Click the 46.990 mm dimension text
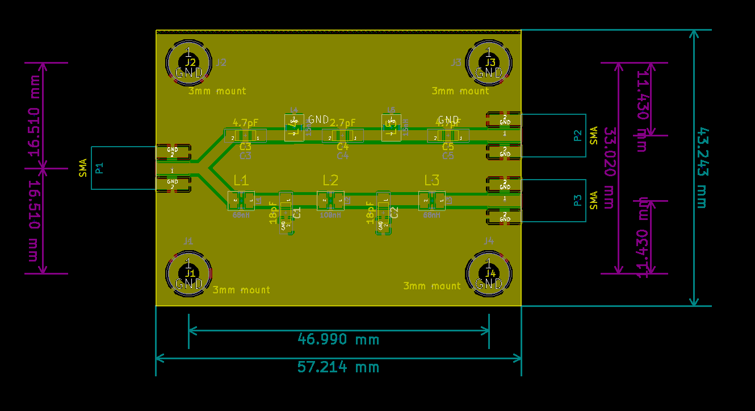coord(338,339)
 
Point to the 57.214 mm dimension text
coord(338,367)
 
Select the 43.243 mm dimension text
coord(702,168)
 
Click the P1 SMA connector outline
coord(123,168)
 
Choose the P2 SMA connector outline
coord(553,135)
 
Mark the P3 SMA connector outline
coord(553,200)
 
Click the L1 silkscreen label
coord(241,181)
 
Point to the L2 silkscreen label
coord(330,181)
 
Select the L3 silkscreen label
coord(432,181)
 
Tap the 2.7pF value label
coord(343,123)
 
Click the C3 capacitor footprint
coord(245,136)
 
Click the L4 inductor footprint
coord(294,126)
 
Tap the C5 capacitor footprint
coord(448,136)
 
